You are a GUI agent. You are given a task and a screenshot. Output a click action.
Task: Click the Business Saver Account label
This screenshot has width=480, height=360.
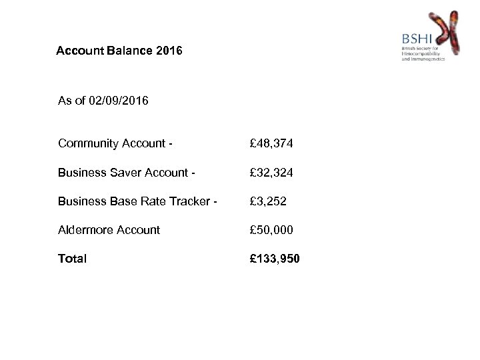point(126,172)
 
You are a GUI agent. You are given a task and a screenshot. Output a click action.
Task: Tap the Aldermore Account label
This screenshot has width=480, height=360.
point(109,229)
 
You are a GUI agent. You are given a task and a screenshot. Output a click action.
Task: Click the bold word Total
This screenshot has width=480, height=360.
point(72,258)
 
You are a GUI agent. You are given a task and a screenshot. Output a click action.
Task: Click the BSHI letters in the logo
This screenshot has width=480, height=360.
point(417,39)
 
